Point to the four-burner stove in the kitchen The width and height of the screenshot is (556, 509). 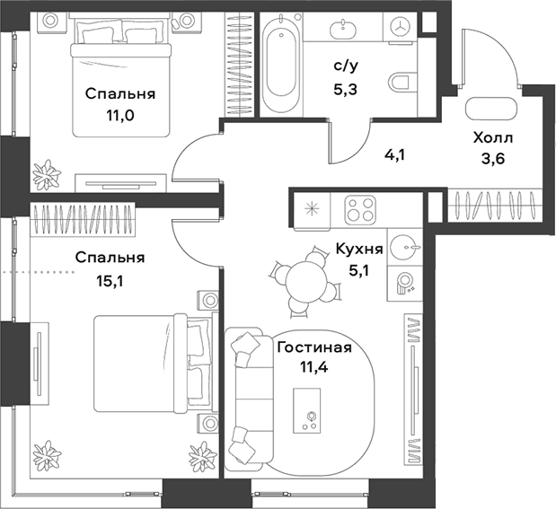[x=363, y=212]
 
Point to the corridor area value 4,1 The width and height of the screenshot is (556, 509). [x=393, y=154]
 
